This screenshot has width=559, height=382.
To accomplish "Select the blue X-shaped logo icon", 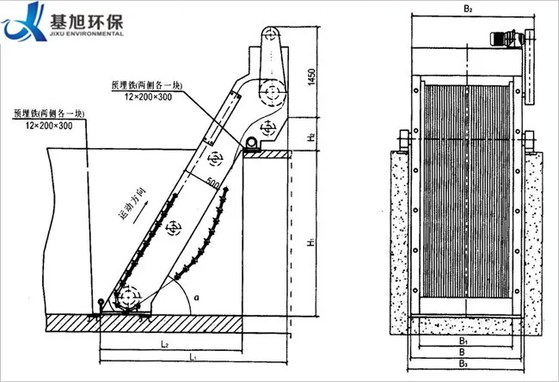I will coord(23,22).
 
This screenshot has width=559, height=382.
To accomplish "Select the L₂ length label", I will coord(163,343).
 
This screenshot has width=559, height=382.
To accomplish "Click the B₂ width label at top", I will coord(470,9).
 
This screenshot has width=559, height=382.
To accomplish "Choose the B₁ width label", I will coord(462,342).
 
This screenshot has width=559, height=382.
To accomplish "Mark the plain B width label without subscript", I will coord(463,354).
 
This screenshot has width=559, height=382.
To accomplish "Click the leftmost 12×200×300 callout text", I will coord(48,126).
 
